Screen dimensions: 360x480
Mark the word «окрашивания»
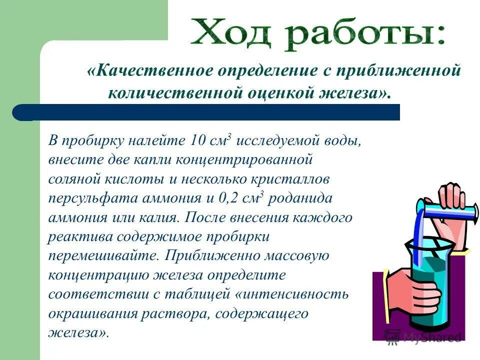coord(87,313)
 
